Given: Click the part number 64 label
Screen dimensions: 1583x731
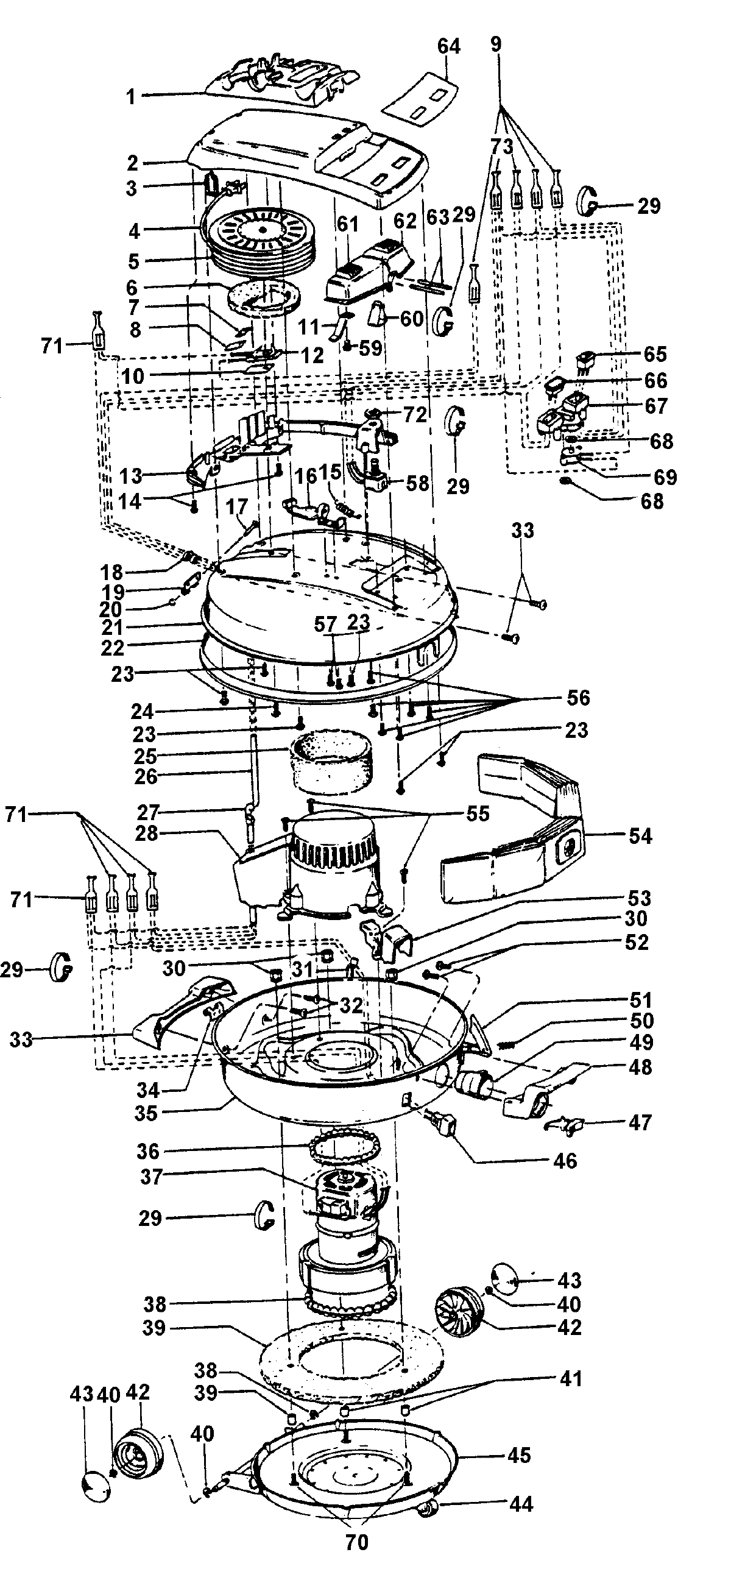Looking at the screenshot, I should (448, 46).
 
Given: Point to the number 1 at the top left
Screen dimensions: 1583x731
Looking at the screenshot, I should (130, 96).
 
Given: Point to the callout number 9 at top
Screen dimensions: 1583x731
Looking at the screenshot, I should (496, 44).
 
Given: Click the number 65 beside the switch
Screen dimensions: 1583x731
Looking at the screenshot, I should (655, 354).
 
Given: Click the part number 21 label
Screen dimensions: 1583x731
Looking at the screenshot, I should (113, 628).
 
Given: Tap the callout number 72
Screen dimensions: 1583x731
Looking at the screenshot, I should (415, 415).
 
